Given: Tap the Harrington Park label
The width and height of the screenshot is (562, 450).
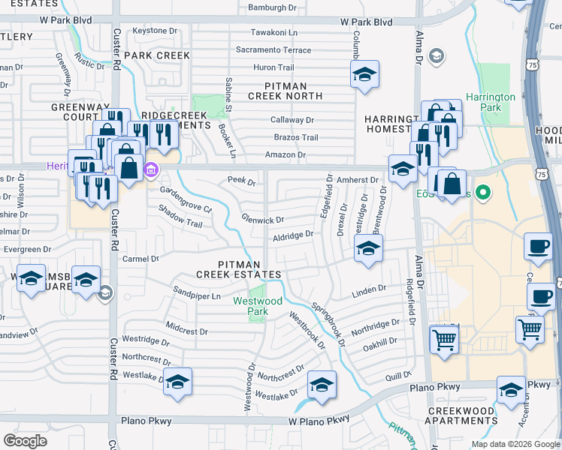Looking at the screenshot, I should pyautogui.click(x=491, y=102).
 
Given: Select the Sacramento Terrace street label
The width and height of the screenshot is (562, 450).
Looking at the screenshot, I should pyautogui.click(x=273, y=50).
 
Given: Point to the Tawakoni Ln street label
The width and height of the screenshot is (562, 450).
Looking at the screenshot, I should pyautogui.click(x=274, y=33).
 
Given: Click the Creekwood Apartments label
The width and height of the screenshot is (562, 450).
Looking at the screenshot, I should pyautogui.click(x=461, y=415).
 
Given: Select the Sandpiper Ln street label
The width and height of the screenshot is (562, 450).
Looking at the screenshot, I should pyautogui.click(x=196, y=296).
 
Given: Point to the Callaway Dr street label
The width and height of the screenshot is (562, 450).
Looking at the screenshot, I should pyautogui.click(x=292, y=120).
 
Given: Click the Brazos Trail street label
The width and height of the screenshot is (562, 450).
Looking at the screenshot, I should pyautogui.click(x=296, y=137).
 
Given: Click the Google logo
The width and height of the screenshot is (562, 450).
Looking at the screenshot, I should pyautogui.click(x=25, y=441).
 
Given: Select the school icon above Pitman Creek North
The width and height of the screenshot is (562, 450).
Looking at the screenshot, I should pyautogui.click(x=364, y=74).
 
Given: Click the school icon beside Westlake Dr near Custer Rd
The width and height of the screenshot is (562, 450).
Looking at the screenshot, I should pyautogui.click(x=177, y=382).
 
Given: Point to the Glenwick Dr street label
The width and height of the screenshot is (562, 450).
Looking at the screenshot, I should pyautogui.click(x=262, y=220).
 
